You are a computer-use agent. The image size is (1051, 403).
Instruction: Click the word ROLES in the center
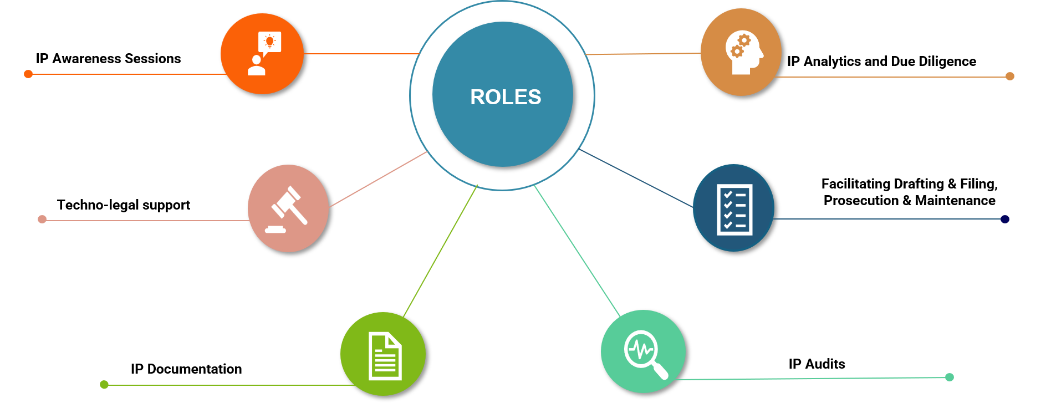(x=506, y=97)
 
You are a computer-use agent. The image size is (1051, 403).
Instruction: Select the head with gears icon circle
(x=741, y=53)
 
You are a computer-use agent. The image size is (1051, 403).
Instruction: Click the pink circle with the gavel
(x=288, y=208)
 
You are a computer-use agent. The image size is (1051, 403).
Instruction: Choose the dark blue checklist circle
(x=733, y=208)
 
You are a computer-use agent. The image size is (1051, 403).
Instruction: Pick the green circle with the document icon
(x=382, y=354)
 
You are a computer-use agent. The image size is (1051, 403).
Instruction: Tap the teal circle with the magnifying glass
(x=643, y=351)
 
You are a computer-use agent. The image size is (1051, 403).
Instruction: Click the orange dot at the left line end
(x=28, y=74)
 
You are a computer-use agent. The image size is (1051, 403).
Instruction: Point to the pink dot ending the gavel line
(x=42, y=219)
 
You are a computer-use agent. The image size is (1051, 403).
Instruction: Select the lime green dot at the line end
(x=104, y=384)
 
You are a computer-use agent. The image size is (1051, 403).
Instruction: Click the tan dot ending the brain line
(x=1010, y=76)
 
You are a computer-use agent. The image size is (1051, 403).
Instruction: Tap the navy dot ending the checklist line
(x=1005, y=219)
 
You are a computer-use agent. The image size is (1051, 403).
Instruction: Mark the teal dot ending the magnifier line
(x=950, y=377)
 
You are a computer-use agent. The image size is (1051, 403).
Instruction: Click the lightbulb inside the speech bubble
(x=270, y=41)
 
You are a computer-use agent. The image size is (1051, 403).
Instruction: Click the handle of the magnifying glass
(x=660, y=371)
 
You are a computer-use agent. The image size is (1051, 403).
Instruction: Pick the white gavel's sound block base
(x=275, y=229)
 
